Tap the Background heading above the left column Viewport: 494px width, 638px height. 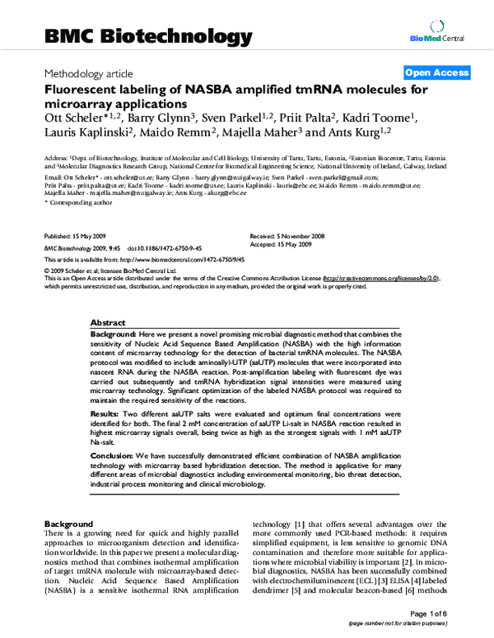(68, 524)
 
